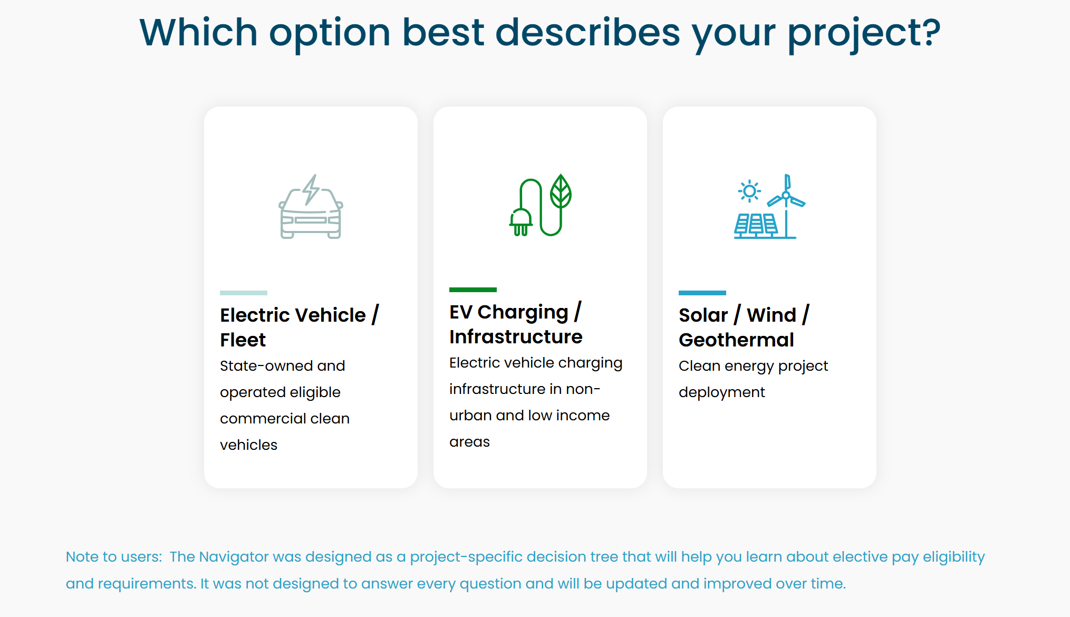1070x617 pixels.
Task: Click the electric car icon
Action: tap(311, 207)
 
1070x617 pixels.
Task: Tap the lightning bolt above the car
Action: tap(311, 189)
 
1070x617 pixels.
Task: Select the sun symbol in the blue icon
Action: tap(749, 191)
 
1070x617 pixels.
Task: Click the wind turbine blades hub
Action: tap(786, 196)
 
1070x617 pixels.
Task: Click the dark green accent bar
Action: tap(473, 290)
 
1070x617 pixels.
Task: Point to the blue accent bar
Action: tap(702, 293)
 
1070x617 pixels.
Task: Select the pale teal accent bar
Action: tap(244, 293)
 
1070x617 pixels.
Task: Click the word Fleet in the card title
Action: tap(243, 340)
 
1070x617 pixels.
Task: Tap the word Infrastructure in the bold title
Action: tap(516, 337)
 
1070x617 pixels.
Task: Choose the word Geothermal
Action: tap(736, 340)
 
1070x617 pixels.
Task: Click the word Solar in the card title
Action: tap(703, 315)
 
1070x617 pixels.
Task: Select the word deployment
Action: tap(721, 393)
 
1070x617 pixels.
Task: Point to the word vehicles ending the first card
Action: tap(248, 445)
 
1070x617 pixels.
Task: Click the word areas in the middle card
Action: tap(469, 442)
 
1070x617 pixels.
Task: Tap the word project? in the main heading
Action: tap(864, 34)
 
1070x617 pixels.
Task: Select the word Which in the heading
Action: tap(198, 32)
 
